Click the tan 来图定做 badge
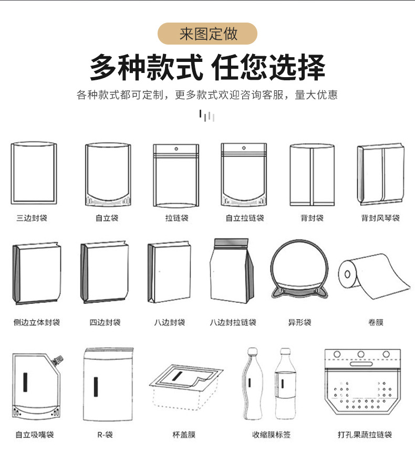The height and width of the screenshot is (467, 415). click(x=207, y=34)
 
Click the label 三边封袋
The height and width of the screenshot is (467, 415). click(x=32, y=218)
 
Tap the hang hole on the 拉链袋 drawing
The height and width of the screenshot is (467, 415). click(x=176, y=148)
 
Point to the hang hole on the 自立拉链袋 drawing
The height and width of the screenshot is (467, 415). click(x=244, y=148)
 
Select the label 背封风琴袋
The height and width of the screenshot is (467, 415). click(x=380, y=218)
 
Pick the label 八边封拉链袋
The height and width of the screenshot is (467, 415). click(x=233, y=322)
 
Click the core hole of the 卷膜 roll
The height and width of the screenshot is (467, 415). click(x=347, y=274)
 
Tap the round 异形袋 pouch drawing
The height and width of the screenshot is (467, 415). click(x=300, y=270)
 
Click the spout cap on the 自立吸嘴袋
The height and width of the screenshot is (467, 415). click(x=58, y=360)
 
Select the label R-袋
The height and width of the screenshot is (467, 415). click(x=105, y=435)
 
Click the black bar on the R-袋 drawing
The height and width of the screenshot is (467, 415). click(x=96, y=387)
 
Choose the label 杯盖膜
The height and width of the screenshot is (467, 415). click(x=184, y=435)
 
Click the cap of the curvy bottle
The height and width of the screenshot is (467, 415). click(x=253, y=351)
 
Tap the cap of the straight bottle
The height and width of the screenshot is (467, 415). click(x=285, y=351)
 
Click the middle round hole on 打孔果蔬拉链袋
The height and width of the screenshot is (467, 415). click(x=361, y=354)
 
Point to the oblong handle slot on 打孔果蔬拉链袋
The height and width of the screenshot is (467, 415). click(x=361, y=364)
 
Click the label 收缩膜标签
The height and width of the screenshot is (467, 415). click(x=271, y=435)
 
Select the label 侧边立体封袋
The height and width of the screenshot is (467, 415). click(x=37, y=322)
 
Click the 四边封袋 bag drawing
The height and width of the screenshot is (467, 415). click(x=105, y=272)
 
